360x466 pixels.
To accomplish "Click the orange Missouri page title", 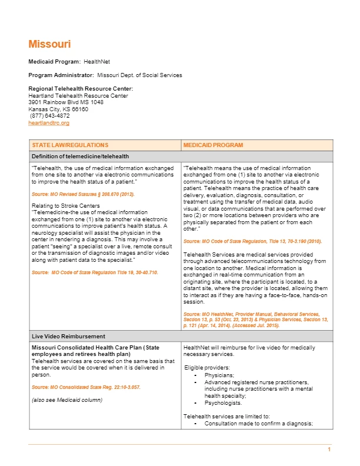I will coord(49,44).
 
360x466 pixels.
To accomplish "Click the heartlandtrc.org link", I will coord(49,123).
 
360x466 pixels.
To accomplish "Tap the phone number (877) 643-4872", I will coord(50,116).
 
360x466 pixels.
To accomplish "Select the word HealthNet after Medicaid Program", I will coord(96,61).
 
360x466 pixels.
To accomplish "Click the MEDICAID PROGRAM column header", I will coord(213,145).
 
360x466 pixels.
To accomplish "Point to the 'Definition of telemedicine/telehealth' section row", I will coord(81,156).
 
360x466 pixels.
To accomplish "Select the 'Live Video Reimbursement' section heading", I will coord(68,336).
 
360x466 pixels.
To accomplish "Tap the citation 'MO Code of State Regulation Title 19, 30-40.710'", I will coord(95,272).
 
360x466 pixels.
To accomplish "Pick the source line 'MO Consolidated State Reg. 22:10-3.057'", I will coord(86,387).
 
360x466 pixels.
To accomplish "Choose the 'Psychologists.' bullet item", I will coord(223,403).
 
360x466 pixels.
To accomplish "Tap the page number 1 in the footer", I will coord(329,450).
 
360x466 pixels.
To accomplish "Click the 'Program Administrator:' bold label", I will coord(61,75).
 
